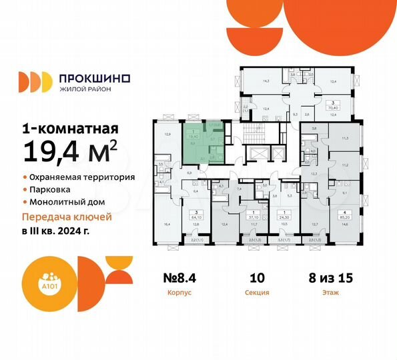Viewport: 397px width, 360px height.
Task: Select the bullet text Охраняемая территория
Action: coord(82,178)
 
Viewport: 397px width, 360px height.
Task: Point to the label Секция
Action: coord(262,292)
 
